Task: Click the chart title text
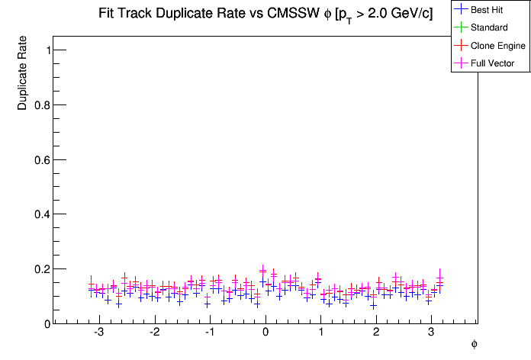265,14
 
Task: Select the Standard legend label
489,27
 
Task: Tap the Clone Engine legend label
498,46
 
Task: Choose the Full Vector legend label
492,63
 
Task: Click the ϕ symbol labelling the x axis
474,345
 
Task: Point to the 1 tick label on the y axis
48,50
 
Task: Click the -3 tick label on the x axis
98,333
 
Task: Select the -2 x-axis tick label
154,333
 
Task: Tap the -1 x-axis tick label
209,333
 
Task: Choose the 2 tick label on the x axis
376,333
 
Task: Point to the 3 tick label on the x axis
432,333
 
